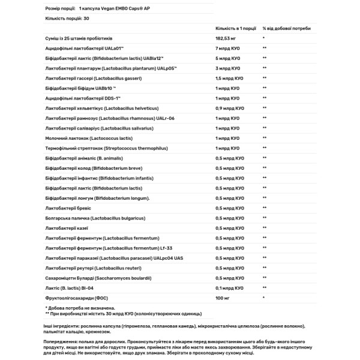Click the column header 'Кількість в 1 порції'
pos(237,28)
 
